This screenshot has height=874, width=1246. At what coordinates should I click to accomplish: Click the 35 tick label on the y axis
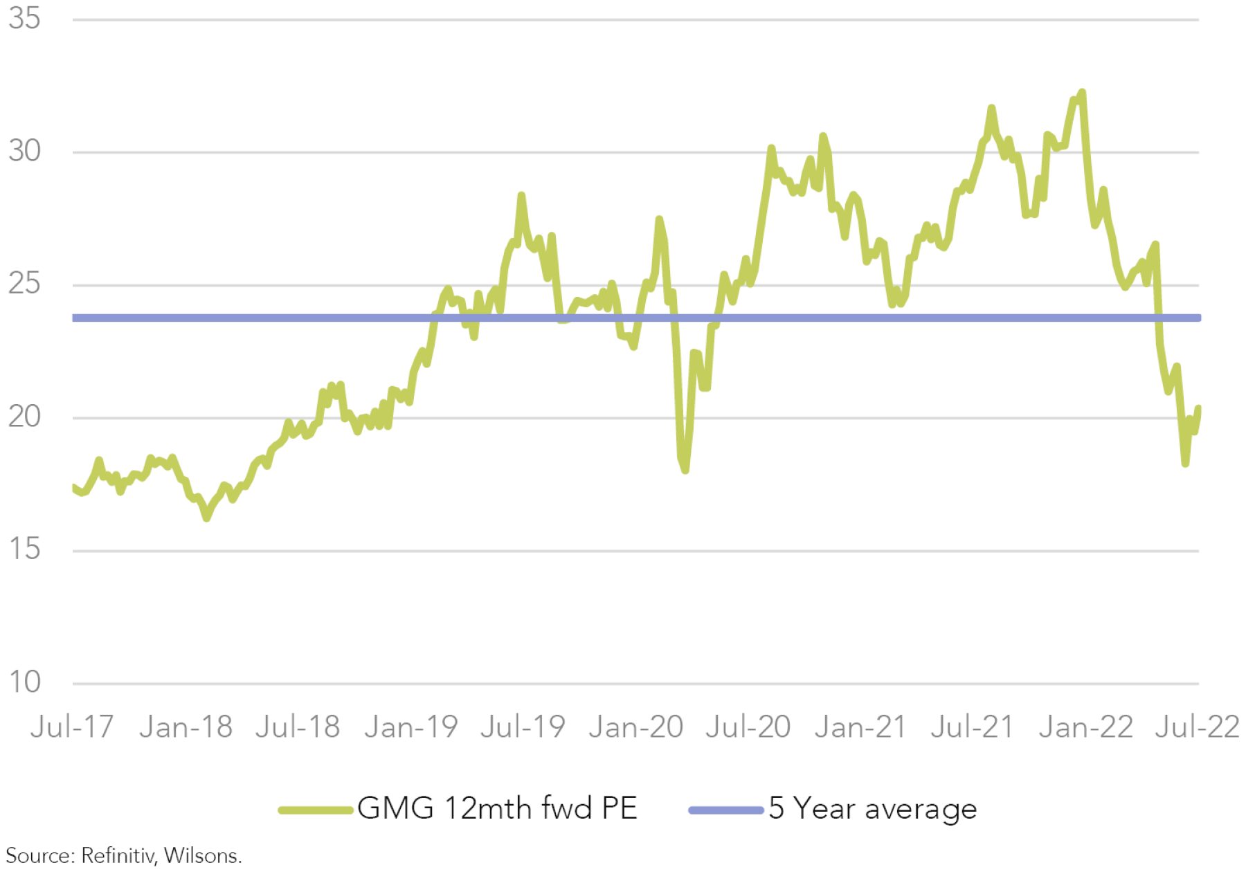point(25,19)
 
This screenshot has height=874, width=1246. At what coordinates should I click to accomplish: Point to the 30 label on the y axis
point(25,152)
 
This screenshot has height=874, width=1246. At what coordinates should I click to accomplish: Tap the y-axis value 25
point(25,284)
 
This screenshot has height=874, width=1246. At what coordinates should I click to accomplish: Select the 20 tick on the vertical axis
point(25,417)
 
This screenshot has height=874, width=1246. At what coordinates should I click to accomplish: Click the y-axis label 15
point(25,550)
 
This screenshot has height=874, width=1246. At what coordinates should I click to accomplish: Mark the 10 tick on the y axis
point(25,683)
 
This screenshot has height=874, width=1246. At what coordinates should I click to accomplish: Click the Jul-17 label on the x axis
point(72,727)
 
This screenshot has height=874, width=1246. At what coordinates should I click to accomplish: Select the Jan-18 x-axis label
point(186,727)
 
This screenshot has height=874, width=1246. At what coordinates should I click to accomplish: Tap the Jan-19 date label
point(411,727)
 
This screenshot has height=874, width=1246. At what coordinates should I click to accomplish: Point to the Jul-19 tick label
point(523,727)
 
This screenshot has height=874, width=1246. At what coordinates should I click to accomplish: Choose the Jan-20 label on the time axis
point(636,727)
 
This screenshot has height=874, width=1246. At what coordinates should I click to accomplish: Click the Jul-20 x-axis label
point(748,727)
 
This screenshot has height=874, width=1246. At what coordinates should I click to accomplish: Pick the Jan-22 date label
point(1086,727)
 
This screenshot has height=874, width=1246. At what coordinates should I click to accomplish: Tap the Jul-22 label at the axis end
point(1198,727)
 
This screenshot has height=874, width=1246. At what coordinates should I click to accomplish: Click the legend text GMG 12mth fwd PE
point(497,808)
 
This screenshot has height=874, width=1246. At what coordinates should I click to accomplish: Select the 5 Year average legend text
point(873,808)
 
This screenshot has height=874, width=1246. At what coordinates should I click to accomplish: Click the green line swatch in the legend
point(316,810)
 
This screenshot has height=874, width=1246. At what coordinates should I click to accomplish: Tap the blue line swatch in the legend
point(726,810)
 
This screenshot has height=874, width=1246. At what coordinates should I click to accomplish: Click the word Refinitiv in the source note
point(118,856)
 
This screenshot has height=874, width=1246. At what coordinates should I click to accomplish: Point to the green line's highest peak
point(1082,92)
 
